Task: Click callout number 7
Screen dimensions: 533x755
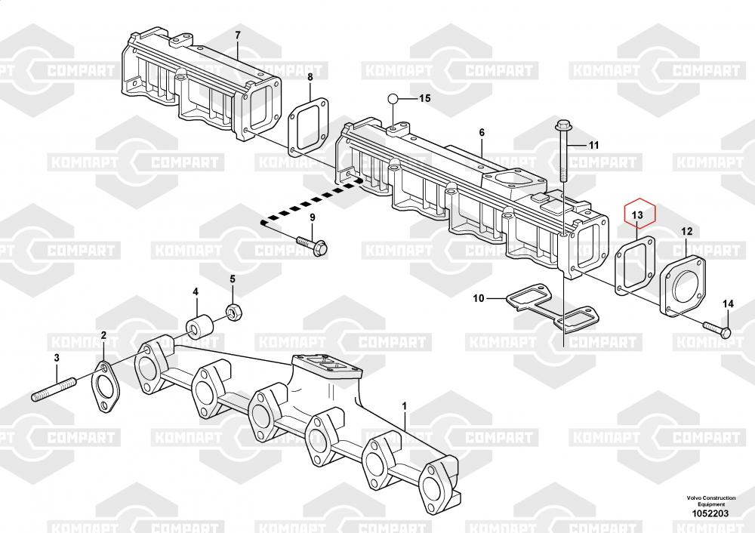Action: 237,35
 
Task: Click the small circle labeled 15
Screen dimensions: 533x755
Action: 393,99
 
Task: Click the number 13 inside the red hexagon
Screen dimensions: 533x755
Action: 637,215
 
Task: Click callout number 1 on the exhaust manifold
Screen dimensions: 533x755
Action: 405,406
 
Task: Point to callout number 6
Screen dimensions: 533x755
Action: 481,132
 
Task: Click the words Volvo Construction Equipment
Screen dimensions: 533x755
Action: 709,501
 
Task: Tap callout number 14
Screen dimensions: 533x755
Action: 728,303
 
